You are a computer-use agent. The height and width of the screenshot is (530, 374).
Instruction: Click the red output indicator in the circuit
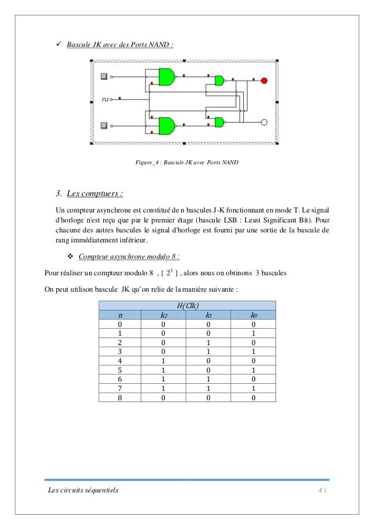tap(264, 80)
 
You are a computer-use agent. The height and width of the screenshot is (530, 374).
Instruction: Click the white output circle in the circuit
tap(264, 123)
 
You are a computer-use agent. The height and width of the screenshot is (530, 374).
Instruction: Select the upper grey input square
tap(104, 76)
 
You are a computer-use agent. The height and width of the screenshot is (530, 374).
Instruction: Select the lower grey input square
tap(104, 125)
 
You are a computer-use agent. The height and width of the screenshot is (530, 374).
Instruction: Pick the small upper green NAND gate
tap(219, 80)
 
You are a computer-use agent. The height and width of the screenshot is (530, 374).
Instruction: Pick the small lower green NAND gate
tap(219, 122)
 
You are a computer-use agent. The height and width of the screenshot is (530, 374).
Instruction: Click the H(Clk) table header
tap(188, 305)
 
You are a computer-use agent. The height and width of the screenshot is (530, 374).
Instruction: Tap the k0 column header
tap(253, 315)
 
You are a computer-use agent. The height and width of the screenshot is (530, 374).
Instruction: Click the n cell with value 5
tap(120, 370)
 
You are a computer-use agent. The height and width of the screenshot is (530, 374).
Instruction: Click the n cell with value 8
tap(120, 397)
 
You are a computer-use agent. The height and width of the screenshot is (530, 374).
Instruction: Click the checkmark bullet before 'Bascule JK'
tap(58, 44)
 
